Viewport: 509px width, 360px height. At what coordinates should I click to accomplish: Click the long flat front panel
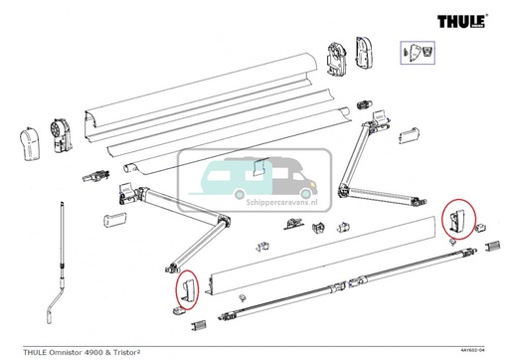tap(318, 262)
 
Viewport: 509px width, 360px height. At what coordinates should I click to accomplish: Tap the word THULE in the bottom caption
tap(20, 347)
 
